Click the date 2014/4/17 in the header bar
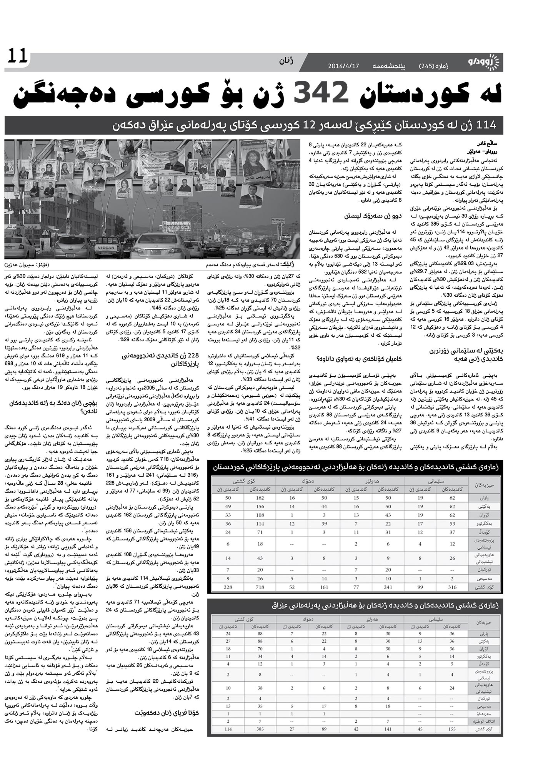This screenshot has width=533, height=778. tap(343, 66)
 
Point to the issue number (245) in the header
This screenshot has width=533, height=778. tap(430, 66)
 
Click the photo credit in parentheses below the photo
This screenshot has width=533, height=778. tap(27, 265)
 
